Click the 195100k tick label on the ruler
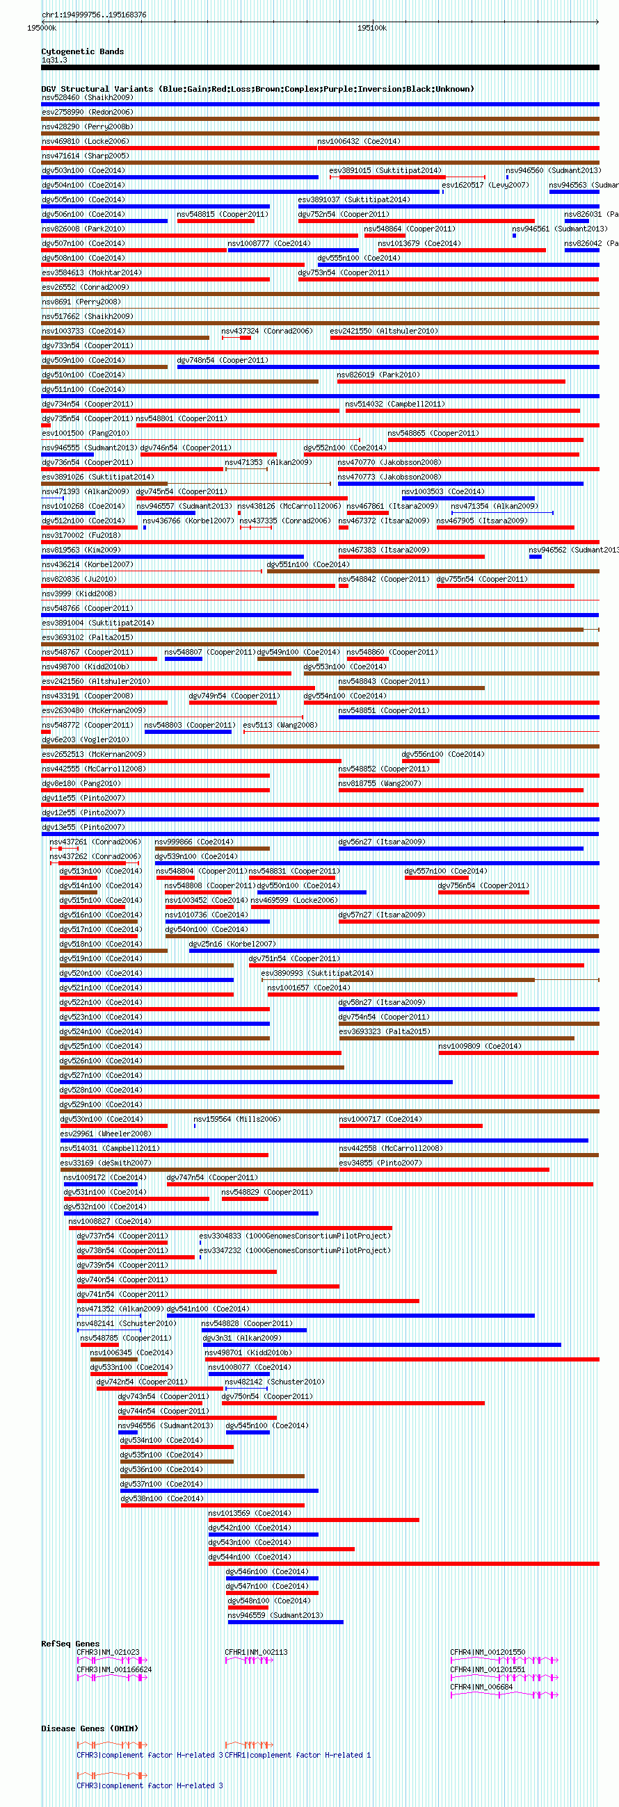click(x=371, y=28)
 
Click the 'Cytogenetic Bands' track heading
click(x=82, y=51)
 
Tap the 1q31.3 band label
click(x=54, y=60)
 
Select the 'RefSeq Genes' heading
click(x=70, y=1644)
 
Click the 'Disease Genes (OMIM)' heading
click(x=89, y=1728)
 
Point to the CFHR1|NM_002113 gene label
click(x=255, y=1652)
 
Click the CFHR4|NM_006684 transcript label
click(x=481, y=1686)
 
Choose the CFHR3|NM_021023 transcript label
click(x=107, y=1652)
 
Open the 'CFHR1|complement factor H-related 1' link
click(x=298, y=1755)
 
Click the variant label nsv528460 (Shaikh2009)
click(x=87, y=97)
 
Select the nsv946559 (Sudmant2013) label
click(x=275, y=1614)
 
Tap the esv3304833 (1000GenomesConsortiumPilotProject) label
click(x=295, y=1235)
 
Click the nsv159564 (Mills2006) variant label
click(x=236, y=1119)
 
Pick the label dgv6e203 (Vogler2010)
click(x=85, y=739)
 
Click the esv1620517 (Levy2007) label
click(x=485, y=185)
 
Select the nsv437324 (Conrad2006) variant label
click(x=266, y=331)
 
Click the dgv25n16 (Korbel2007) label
click(x=232, y=944)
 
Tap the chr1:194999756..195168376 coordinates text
click(x=94, y=15)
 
